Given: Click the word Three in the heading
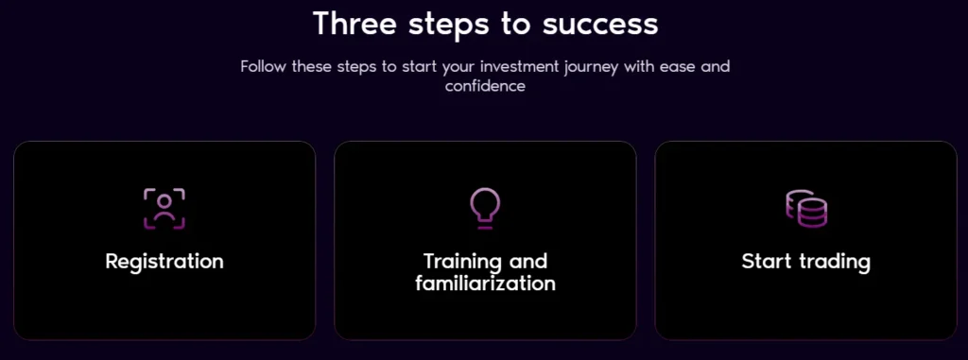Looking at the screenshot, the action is coord(354,24).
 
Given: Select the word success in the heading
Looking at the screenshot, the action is coord(600,25).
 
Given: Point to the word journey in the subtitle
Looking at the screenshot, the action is coord(592,67).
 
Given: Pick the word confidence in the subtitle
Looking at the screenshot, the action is coord(485,86).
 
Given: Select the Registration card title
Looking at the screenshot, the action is coord(164,261).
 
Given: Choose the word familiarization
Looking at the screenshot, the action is coord(485,283).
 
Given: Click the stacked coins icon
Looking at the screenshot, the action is coord(806,209).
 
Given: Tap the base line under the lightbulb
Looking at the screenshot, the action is coord(485,228).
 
